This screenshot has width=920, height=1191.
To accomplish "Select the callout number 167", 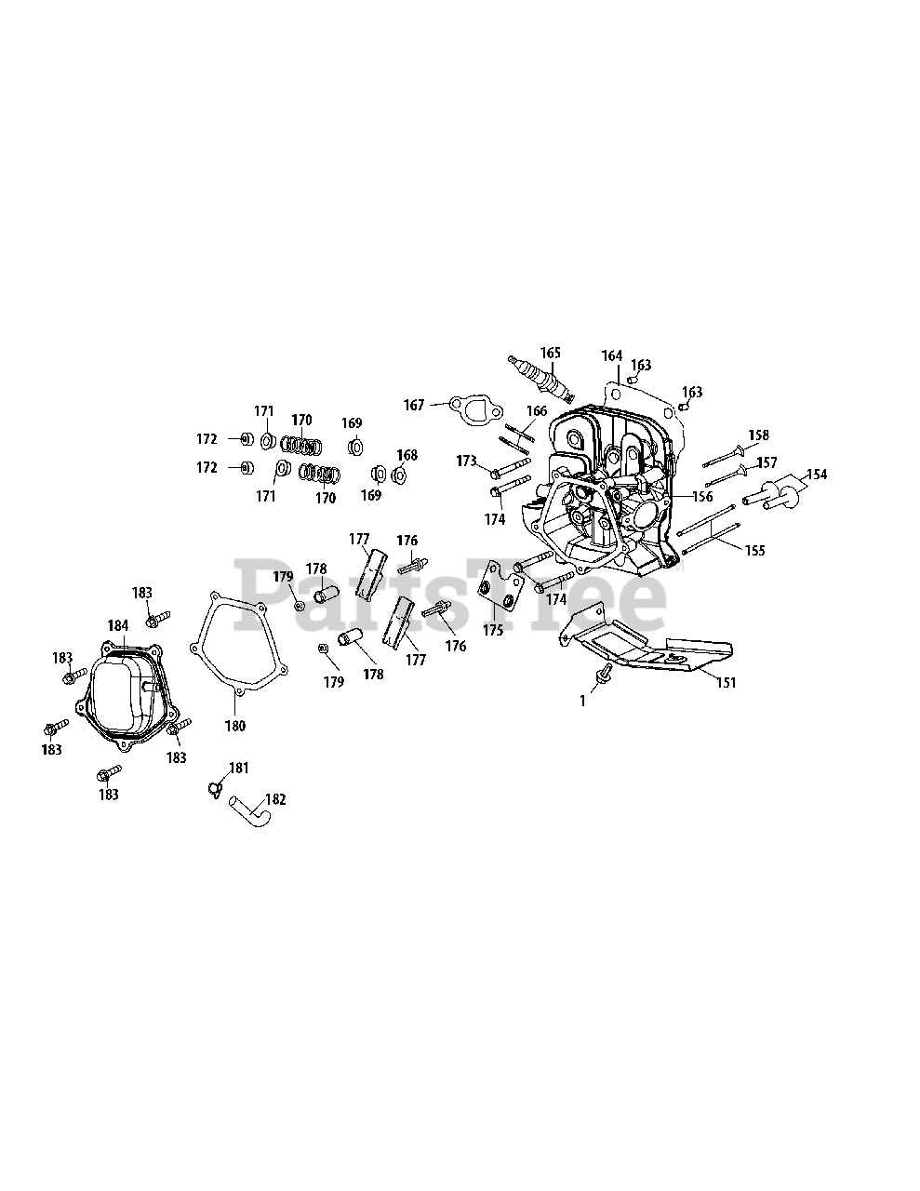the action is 414,405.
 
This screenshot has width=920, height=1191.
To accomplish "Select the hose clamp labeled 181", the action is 216,787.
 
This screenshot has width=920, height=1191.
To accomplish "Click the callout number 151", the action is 726,682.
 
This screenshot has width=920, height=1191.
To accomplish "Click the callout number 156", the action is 701,497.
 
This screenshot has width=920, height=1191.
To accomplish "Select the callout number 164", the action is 611,355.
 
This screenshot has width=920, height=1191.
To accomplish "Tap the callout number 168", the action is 407,455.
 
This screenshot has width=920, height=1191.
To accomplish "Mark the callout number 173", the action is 466,461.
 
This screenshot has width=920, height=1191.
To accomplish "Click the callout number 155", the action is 754,551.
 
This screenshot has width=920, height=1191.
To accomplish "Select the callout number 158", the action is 759,435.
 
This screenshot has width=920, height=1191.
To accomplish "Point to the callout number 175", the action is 492,630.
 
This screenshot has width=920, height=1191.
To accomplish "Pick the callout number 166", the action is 537,410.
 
